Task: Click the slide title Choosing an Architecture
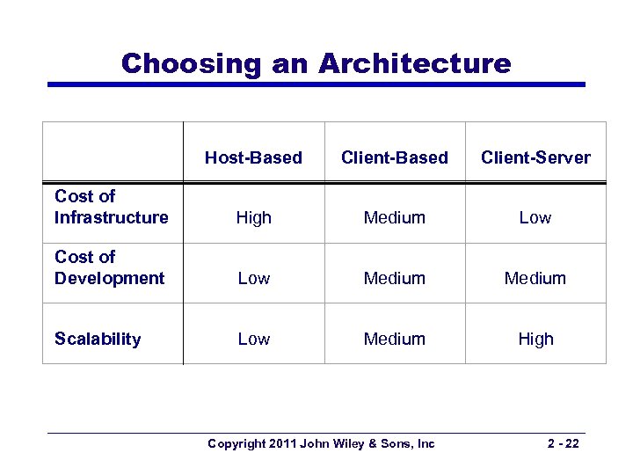pyautogui.click(x=316, y=63)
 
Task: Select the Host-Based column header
pyautogui.click(x=253, y=158)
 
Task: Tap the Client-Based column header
pyautogui.click(x=394, y=158)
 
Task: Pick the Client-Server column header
pyautogui.click(x=535, y=158)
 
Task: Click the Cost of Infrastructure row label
pyautogui.click(x=111, y=207)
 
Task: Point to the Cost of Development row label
pyautogui.click(x=109, y=267)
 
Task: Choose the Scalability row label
pyautogui.click(x=98, y=339)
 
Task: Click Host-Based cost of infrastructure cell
pyautogui.click(x=253, y=217)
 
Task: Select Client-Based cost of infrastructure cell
pyautogui.click(x=394, y=217)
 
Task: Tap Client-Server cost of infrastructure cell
pyautogui.click(x=535, y=217)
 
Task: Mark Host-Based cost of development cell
pyautogui.click(x=253, y=278)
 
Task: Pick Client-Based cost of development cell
pyautogui.click(x=394, y=278)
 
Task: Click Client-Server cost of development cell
pyautogui.click(x=535, y=278)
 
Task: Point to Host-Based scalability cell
pyautogui.click(x=253, y=339)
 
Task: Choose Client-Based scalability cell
pyautogui.click(x=394, y=339)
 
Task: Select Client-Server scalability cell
pyautogui.click(x=535, y=339)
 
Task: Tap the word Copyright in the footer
pyautogui.click(x=236, y=443)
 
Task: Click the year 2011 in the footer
pyautogui.click(x=281, y=443)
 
